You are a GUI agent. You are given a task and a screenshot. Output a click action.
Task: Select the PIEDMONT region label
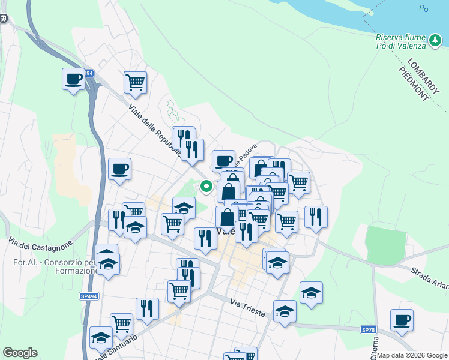(414, 83)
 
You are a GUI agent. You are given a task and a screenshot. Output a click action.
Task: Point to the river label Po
(424, 8)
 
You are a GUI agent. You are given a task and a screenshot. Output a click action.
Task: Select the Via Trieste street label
(248, 304)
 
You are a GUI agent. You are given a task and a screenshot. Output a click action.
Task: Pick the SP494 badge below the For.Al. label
(88, 296)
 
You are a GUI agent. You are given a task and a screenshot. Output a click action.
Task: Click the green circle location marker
(206, 186)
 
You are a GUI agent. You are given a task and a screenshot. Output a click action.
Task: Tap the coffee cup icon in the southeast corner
(402, 319)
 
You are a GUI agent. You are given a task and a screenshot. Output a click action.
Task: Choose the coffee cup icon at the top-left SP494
(74, 79)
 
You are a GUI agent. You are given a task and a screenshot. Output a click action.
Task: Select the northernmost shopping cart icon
(136, 82)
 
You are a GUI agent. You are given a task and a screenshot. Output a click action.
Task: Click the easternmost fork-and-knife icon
(316, 216)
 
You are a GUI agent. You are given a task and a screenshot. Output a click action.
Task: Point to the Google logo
(20, 353)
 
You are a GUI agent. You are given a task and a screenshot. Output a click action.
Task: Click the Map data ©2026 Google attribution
(412, 355)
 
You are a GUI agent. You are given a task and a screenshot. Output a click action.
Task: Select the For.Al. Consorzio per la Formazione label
(55, 266)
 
